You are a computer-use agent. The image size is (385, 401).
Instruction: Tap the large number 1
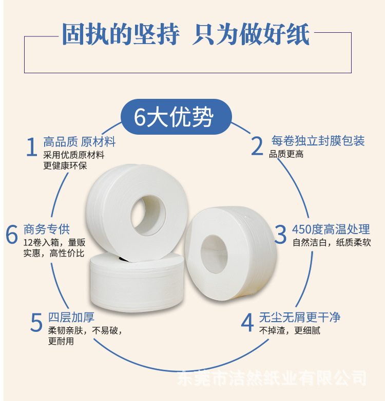[x=32, y=147]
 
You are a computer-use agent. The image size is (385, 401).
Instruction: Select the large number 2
[x=257, y=146]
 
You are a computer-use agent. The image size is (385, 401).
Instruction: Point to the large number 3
[x=280, y=235]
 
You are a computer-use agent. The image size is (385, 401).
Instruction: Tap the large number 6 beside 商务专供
[x=12, y=235]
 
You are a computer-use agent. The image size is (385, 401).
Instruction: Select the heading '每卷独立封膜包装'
[x=318, y=140]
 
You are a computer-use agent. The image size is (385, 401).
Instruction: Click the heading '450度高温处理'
[x=331, y=229]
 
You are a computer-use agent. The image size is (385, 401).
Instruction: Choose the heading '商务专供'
[x=47, y=228]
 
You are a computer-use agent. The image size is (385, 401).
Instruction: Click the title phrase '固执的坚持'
[x=121, y=35]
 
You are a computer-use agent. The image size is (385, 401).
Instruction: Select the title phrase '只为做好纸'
[x=251, y=35]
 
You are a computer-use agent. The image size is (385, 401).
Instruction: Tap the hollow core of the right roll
[x=214, y=253]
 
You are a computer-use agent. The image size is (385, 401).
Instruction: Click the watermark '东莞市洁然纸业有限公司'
[x=272, y=378]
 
